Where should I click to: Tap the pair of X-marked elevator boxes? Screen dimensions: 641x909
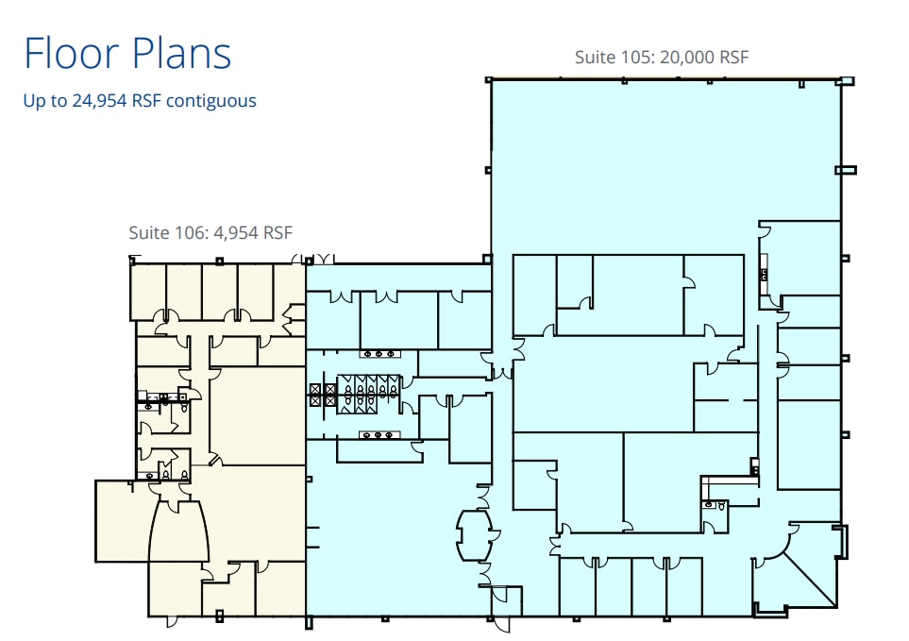(324, 394)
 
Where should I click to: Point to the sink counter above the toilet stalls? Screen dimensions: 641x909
(379, 354)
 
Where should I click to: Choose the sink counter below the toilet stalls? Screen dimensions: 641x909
(379, 434)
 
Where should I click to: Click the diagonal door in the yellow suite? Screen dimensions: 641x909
(216, 460)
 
